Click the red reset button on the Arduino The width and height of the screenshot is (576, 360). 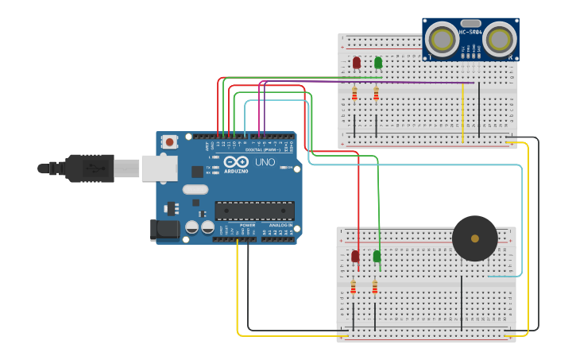coord(169,141)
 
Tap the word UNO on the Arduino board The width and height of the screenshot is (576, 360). coord(265,162)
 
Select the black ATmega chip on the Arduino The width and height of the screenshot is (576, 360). coord(254,211)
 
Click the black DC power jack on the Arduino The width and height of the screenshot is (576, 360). coord(164,230)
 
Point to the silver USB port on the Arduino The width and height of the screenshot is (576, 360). coord(159,168)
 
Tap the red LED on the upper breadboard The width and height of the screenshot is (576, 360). coord(356,62)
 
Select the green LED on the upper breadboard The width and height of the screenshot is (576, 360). coord(378,62)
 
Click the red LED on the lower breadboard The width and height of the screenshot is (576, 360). coord(354,256)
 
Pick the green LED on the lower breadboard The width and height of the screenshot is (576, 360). coord(377,256)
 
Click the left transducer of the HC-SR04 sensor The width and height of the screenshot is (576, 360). coord(441,39)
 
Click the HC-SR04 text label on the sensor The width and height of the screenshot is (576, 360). coord(470,33)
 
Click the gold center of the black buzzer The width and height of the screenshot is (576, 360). coord(475,238)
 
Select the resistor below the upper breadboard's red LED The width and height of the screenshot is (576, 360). coord(354,94)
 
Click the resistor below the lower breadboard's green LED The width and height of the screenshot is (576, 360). coord(375,288)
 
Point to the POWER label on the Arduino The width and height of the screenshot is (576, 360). coord(248,225)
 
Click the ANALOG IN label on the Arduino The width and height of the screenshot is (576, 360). coord(280,225)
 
